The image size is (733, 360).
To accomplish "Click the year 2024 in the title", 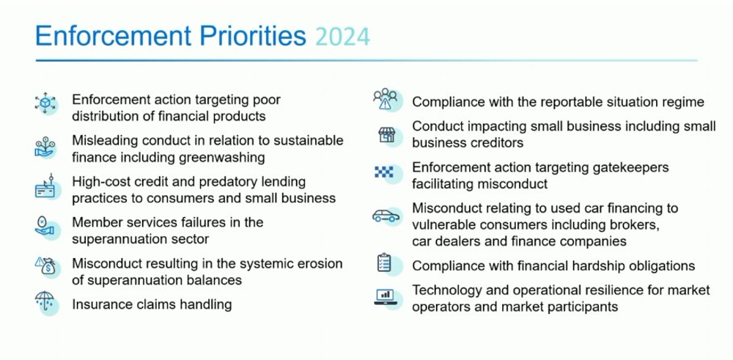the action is (342, 37).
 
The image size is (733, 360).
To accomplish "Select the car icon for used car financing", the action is (386, 216).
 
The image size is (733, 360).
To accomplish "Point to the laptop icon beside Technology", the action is (386, 297).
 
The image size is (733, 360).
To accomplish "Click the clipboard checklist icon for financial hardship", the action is (383, 262).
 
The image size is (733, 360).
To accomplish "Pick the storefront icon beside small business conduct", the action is (386, 135).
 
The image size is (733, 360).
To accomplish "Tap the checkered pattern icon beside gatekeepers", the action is (384, 172).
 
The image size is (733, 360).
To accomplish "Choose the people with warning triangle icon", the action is (386, 99).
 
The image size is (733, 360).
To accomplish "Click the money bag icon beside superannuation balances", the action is (45, 265).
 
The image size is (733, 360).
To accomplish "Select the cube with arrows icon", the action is (45, 103).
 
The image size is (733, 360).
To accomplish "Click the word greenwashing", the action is (222, 158).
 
